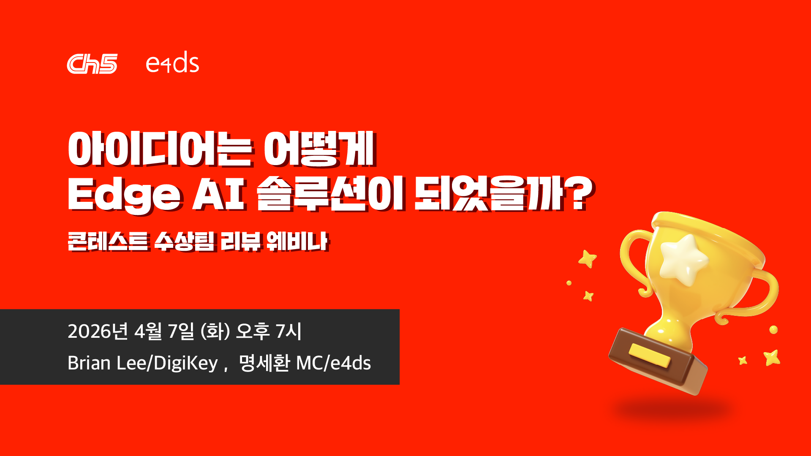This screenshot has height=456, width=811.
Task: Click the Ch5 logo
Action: (92, 64)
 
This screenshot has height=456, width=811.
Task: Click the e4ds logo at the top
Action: (172, 63)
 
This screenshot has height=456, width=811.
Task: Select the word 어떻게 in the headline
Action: (320, 149)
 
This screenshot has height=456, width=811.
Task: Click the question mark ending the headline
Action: (580, 193)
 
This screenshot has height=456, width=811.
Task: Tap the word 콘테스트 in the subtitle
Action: (108, 242)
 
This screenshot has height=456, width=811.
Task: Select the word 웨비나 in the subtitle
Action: (297, 242)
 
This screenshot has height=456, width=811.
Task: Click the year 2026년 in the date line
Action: (98, 331)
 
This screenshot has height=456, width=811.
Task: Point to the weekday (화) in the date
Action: (215, 331)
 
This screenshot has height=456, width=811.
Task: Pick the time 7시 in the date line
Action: (288, 331)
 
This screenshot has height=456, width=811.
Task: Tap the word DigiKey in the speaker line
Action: (185, 363)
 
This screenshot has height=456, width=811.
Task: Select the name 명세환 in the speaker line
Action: (264, 363)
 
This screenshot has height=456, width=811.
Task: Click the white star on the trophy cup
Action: (683, 259)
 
